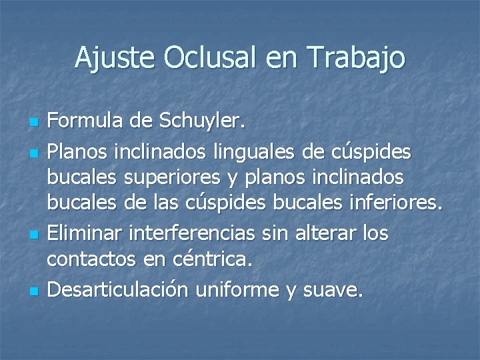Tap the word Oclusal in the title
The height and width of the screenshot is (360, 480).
(213, 58)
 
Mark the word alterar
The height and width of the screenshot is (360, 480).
(324, 234)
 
